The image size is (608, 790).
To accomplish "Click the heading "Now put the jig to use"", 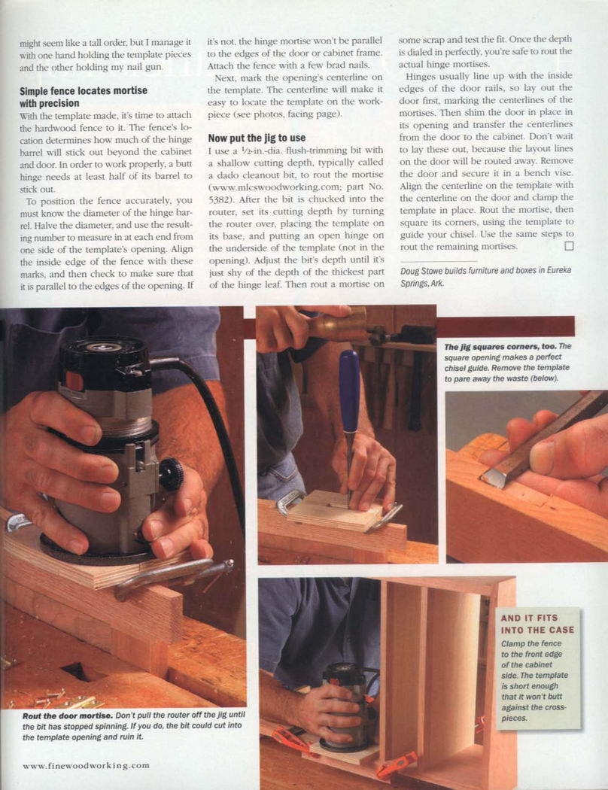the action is (257, 138).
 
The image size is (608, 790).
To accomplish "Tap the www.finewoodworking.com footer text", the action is (86, 765).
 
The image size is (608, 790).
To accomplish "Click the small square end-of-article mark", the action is (569, 246).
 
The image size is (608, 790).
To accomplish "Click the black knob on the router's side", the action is (172, 474).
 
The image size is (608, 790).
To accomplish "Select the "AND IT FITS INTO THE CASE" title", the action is (537, 624).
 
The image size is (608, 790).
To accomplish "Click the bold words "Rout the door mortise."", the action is (68, 716).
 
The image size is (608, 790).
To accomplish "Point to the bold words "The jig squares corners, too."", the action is (500, 347).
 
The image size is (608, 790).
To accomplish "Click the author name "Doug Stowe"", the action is (419, 271).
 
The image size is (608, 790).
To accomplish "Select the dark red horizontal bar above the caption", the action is (505, 327).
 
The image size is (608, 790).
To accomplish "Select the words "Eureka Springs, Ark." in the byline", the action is (486, 277).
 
